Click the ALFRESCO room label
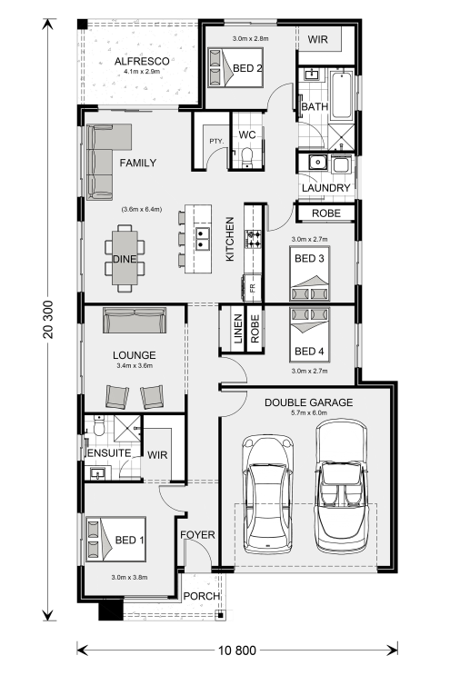coord(142,61)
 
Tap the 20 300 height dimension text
coord(48,320)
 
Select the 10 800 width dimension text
coord(237,650)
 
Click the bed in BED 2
coord(235,67)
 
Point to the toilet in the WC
coord(246,157)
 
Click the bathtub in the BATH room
coord(342,95)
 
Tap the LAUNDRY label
coord(325,188)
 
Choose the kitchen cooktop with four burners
coord(254,239)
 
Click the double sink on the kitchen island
coord(203,238)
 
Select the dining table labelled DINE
coord(125,258)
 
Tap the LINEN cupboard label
coord(238,329)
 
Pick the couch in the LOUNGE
coord(135,320)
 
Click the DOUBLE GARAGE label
coord(308,402)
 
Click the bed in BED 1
coord(115,539)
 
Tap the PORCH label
coord(202,596)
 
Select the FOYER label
coord(197,535)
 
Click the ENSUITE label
coord(109,453)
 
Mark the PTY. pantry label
coord(216,141)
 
